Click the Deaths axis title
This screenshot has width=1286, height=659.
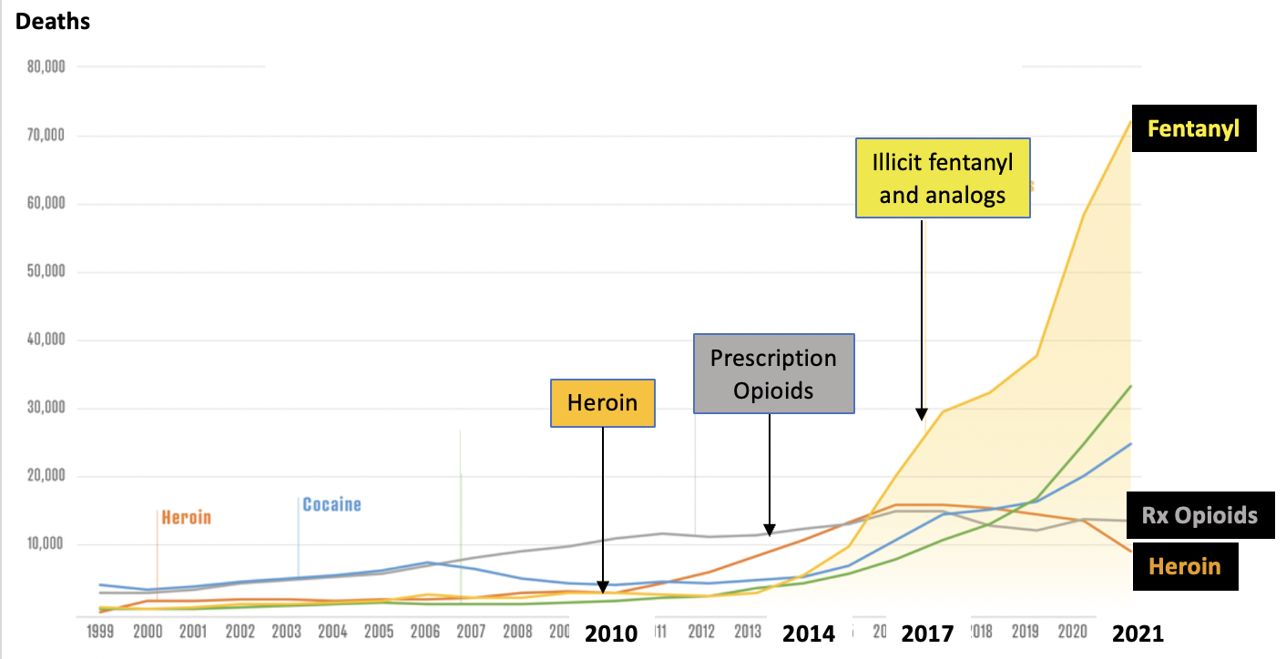tap(53, 21)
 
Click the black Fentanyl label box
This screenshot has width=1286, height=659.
tap(1193, 128)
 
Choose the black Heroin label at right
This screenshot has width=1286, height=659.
tap(1184, 566)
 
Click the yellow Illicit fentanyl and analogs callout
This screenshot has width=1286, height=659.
tap(943, 177)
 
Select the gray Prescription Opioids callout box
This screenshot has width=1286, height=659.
tap(773, 372)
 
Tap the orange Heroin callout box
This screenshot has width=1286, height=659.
tap(602, 402)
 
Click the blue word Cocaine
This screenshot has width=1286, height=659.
tap(332, 504)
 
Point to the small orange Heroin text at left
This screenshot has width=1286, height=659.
tap(186, 518)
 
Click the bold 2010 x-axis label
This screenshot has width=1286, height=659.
tap(611, 634)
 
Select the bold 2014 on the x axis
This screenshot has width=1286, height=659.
tap(809, 634)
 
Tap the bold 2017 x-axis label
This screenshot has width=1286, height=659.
tap(927, 634)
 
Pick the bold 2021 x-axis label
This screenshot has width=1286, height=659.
tap(1138, 634)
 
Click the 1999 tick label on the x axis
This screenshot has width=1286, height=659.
tap(99, 631)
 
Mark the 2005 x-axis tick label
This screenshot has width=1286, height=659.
tap(379, 631)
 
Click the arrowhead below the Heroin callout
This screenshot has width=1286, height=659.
tap(603, 588)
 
